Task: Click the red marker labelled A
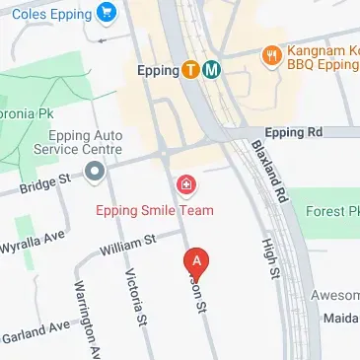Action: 197,260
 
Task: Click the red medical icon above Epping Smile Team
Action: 184,184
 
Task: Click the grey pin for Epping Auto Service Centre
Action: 95,175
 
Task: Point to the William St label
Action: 128,245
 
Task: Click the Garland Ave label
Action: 36,329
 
